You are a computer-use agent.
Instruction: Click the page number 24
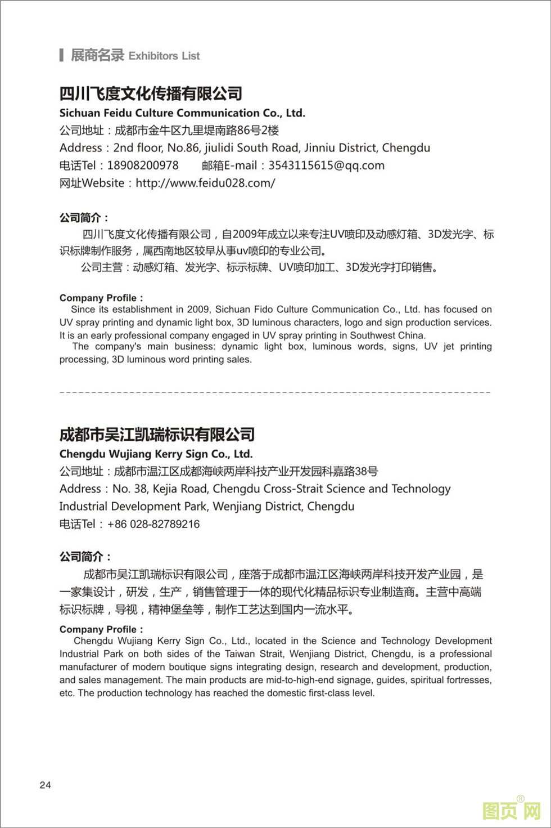[x=46, y=785]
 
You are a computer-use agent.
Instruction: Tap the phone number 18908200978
[x=143, y=165]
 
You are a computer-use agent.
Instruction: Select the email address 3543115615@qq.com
[x=326, y=165]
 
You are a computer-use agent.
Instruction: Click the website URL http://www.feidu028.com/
[x=205, y=183]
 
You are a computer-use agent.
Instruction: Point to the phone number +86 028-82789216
[x=153, y=524]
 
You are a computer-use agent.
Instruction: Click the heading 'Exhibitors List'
[x=164, y=56]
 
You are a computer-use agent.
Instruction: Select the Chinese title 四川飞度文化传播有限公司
[x=151, y=93]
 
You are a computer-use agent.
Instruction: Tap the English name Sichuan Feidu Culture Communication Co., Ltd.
[x=182, y=113]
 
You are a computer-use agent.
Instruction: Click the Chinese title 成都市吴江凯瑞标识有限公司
[x=157, y=435]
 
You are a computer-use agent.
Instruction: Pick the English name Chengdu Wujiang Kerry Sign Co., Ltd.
[x=156, y=454]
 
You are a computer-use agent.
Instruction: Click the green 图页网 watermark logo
[x=511, y=811]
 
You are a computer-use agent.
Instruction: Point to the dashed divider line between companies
[x=275, y=392]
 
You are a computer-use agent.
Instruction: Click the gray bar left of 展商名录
[x=61, y=55]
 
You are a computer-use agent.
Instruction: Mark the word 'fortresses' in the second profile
[x=469, y=680]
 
